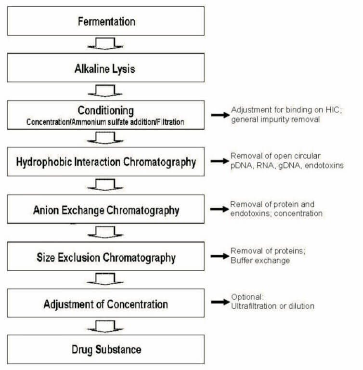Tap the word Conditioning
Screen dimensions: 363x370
105,110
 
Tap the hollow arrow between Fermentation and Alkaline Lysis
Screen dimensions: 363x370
105,44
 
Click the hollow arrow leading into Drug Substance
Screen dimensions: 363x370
105,326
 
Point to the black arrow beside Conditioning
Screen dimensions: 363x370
220,115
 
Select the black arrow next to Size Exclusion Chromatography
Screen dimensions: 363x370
220,256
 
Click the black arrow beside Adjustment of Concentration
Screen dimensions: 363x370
220,302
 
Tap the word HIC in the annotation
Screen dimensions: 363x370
333,110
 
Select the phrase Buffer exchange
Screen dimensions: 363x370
260,261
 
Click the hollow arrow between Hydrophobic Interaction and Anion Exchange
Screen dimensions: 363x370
105,185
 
